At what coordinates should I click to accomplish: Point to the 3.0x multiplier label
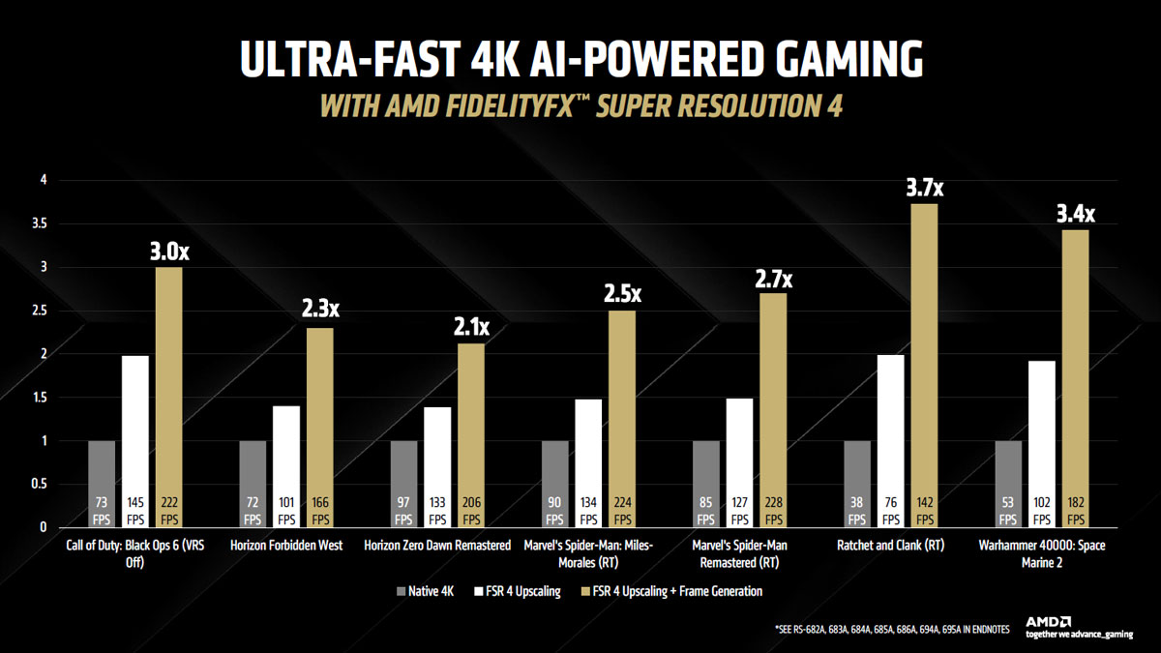(x=170, y=252)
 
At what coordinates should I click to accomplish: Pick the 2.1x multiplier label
(x=471, y=328)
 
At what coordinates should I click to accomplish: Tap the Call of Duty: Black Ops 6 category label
(x=135, y=552)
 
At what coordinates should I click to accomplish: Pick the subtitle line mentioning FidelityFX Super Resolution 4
(x=580, y=105)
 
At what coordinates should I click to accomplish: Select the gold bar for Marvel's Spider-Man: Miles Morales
(x=622, y=416)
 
